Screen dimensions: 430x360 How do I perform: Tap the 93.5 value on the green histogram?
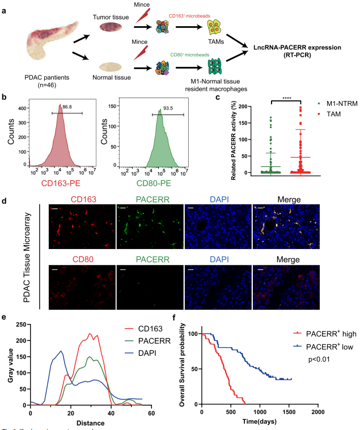coord(168,106)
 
